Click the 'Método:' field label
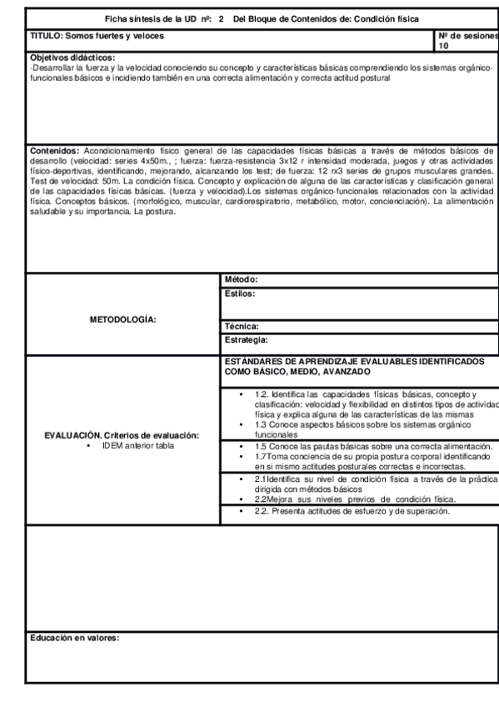(x=242, y=279)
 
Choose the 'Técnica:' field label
(x=242, y=328)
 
